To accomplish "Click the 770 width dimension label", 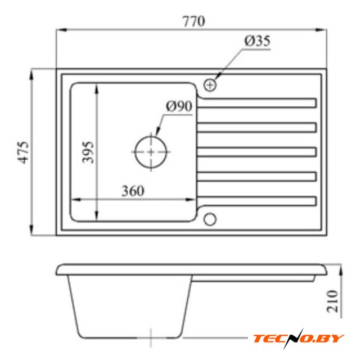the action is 193,21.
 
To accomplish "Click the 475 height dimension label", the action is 24,152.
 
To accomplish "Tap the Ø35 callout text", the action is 258,41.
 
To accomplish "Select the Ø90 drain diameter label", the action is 179,106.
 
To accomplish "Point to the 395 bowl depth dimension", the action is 88,152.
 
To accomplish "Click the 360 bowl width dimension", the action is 133,191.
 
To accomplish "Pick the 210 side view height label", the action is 333,301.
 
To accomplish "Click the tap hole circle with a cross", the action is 210,85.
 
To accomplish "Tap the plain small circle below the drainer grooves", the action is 210,219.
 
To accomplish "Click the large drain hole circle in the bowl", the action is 151,137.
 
